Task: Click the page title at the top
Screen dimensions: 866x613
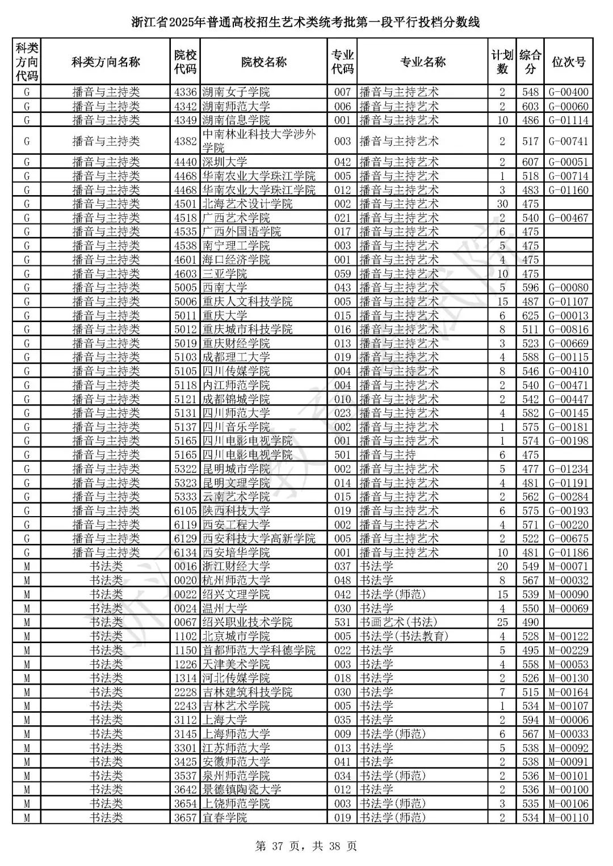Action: click(306, 23)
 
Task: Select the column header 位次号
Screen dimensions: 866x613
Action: click(568, 62)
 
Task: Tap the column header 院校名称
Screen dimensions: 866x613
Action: click(263, 62)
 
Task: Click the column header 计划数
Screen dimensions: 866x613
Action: click(502, 62)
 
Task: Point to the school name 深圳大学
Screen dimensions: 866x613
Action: click(225, 162)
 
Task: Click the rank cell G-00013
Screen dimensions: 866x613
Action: click(568, 316)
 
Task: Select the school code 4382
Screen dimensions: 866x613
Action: click(185, 141)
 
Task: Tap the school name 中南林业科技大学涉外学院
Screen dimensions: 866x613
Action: click(259, 141)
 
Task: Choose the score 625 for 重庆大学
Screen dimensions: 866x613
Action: click(530, 316)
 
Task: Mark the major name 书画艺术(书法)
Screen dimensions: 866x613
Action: click(398, 622)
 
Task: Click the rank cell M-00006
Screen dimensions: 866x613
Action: click(568, 720)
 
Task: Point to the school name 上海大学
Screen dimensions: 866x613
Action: click(225, 720)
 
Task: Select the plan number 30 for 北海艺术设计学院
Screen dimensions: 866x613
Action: click(502, 204)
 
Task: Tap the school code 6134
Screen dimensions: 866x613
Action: click(185, 553)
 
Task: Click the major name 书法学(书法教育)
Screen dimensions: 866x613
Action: click(404, 636)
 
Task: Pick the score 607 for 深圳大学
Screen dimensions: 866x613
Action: click(530, 162)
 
